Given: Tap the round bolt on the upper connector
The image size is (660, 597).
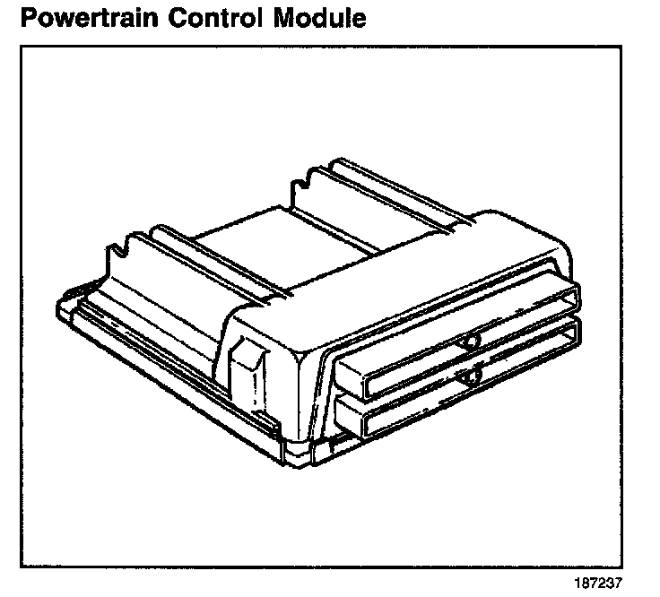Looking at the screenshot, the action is [470, 341].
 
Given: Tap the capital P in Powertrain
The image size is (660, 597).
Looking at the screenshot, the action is [30, 17].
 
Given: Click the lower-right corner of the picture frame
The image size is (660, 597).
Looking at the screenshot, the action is [622, 567].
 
